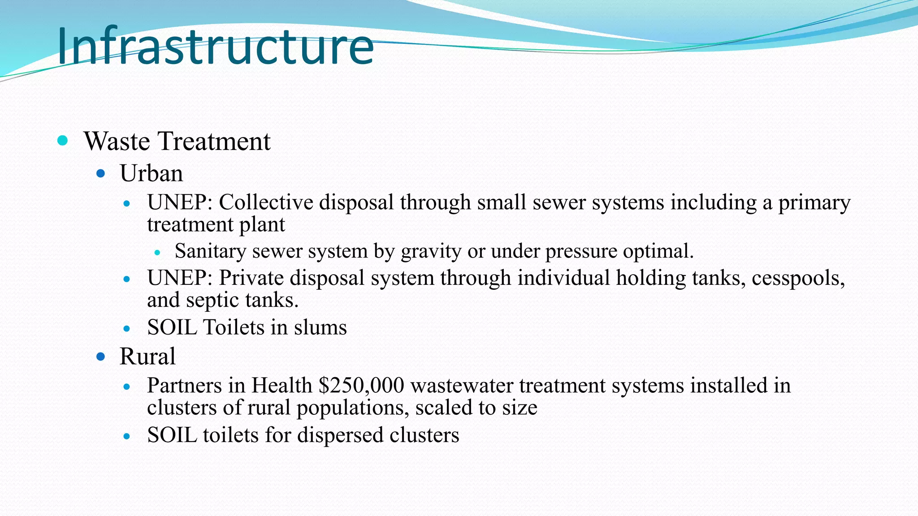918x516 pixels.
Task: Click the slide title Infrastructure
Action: point(215,46)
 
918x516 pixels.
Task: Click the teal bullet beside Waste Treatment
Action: point(63,141)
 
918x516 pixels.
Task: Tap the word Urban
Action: point(151,173)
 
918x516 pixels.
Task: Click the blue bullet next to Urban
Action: point(101,173)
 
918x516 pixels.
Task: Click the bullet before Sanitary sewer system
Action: point(157,253)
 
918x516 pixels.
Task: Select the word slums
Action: point(320,327)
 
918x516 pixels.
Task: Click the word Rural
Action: point(147,357)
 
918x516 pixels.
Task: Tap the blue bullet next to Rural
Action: point(101,357)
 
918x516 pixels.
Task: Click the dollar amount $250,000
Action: point(361,386)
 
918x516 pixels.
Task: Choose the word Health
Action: point(281,386)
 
